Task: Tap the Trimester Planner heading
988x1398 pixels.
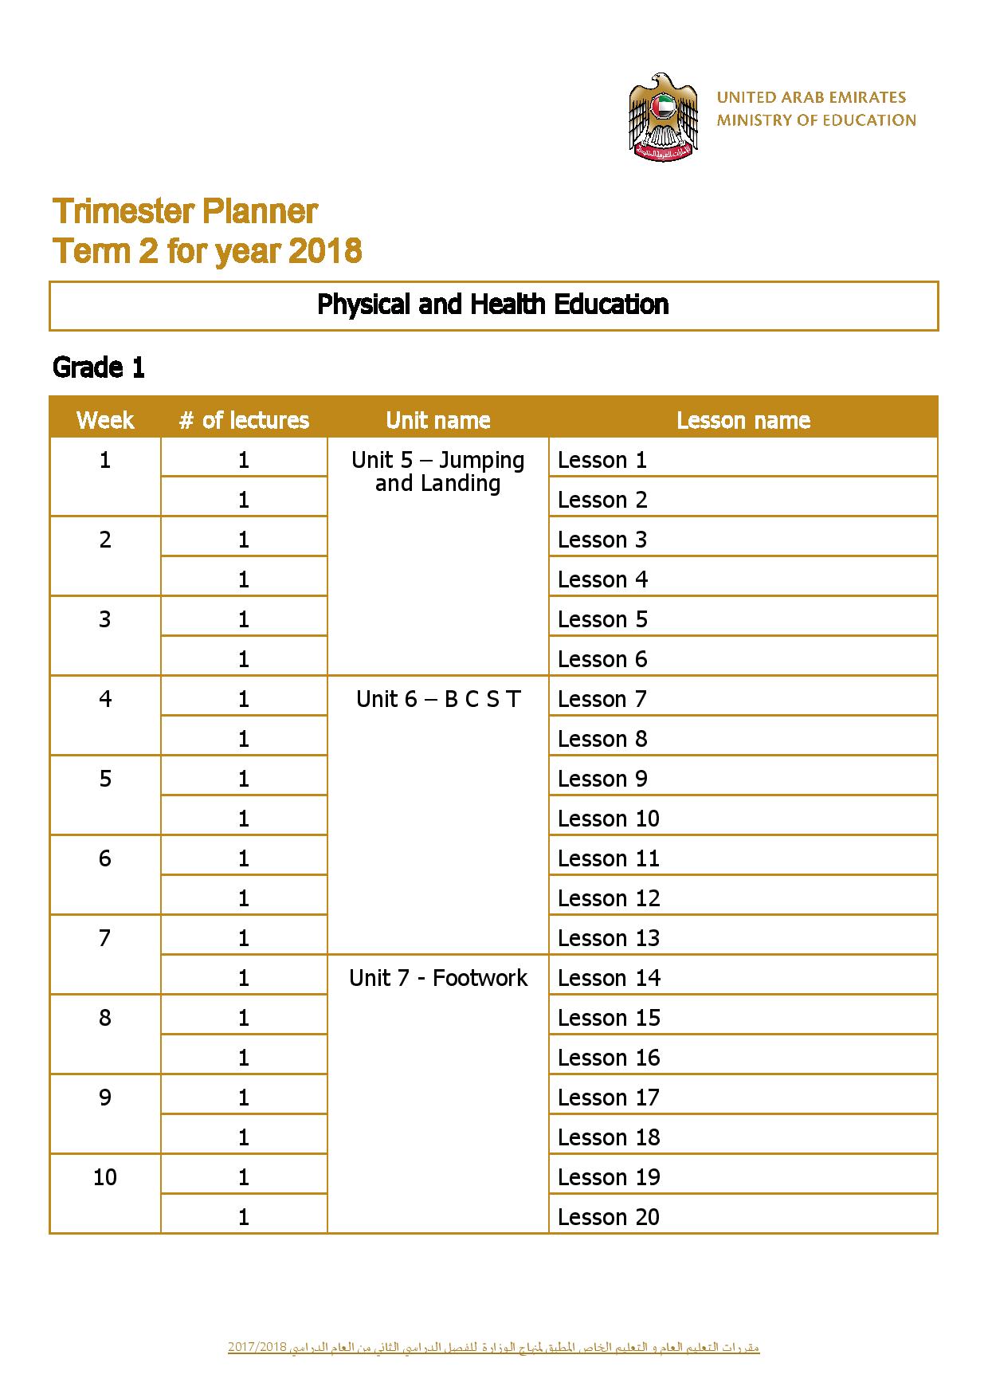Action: point(185,211)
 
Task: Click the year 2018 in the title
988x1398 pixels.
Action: point(325,251)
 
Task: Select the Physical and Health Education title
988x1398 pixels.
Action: point(492,304)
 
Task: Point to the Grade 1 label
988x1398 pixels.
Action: point(98,367)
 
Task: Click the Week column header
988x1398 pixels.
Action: point(105,420)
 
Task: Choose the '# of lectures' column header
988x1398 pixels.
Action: point(244,420)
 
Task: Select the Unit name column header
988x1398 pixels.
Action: point(437,420)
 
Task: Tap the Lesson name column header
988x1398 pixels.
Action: point(743,420)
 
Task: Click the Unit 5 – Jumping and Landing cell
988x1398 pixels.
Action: point(437,471)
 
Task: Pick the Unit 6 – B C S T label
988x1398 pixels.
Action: point(437,699)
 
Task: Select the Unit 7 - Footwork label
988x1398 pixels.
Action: point(437,978)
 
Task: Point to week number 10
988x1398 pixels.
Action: point(105,1177)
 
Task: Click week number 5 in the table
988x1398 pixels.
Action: point(105,779)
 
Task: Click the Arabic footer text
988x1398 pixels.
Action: point(493,1348)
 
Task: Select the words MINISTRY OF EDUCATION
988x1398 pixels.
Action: point(816,120)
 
